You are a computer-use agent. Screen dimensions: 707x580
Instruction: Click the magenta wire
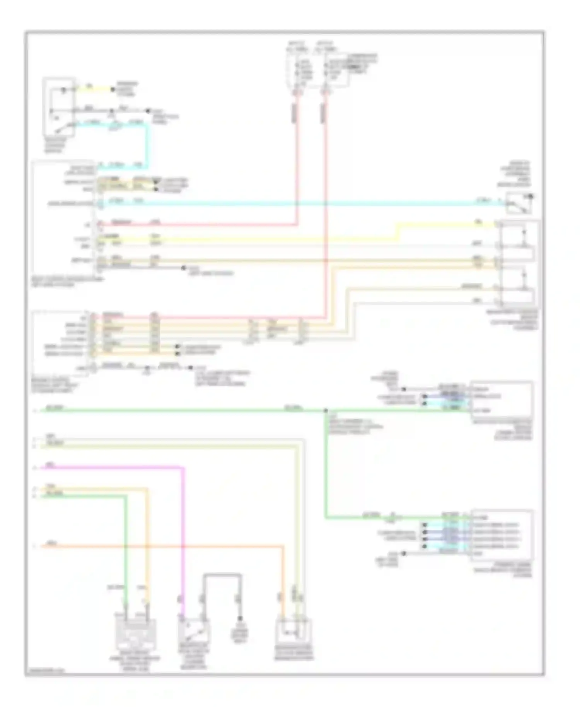pos(116,468)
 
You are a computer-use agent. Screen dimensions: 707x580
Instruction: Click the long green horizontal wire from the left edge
pos(174,411)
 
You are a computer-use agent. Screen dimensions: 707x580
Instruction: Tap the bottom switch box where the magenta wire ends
pos(194,631)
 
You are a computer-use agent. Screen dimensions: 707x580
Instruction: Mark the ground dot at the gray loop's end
pos(240,618)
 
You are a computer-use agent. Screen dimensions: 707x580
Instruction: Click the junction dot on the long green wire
pos(326,411)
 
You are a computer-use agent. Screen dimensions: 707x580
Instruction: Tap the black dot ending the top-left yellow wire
pos(113,89)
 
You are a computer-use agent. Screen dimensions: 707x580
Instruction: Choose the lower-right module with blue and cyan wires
pos(502,535)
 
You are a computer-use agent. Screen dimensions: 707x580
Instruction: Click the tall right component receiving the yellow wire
pos(518,263)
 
